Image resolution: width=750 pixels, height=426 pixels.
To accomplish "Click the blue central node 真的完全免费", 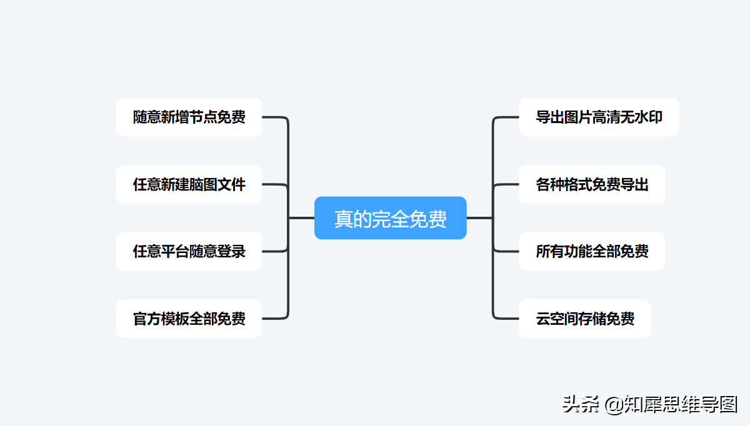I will click(390, 218).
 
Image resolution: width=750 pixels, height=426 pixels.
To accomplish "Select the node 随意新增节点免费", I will click(189, 117).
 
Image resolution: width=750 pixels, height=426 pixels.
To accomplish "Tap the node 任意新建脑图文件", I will click(189, 184).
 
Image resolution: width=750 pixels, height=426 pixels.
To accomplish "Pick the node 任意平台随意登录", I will click(189, 251).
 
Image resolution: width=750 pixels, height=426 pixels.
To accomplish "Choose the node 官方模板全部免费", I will click(189, 319).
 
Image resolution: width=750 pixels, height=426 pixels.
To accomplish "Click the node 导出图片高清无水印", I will click(598, 117).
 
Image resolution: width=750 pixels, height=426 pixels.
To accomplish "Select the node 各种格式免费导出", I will click(591, 184).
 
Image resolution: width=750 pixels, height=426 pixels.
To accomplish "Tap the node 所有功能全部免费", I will click(591, 251).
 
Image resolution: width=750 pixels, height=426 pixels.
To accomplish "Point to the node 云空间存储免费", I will click(584, 319).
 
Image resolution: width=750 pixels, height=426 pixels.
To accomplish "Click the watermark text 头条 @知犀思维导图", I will click(650, 404).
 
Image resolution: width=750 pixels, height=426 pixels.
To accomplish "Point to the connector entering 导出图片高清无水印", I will click(506, 117).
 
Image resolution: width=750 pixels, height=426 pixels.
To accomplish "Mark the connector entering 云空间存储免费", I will click(506, 319).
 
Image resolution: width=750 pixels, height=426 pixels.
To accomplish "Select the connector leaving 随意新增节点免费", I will click(275, 117).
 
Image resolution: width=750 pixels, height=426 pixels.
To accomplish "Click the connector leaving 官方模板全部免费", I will click(275, 319).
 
